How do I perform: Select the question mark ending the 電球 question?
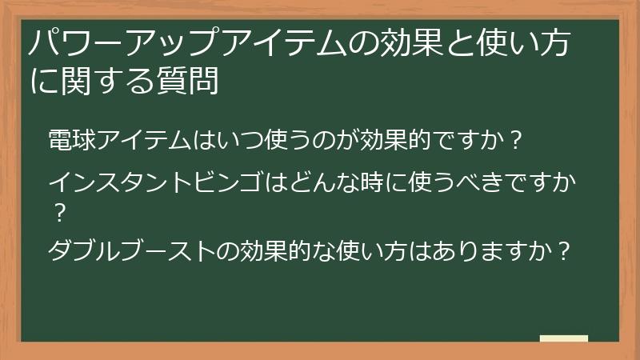click(517, 140)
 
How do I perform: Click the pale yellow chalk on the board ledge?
click(564, 338)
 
